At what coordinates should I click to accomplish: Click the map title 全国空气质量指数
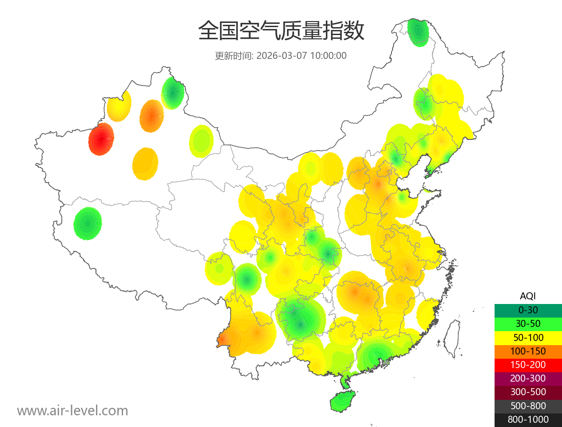click(281, 31)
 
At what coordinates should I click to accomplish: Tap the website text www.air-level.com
click(73, 411)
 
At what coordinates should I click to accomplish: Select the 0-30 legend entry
click(528, 310)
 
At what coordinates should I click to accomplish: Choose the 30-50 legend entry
click(528, 324)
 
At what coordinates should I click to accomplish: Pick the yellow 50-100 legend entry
click(528, 337)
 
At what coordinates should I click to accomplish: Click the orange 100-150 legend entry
click(528, 351)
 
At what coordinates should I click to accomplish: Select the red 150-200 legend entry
click(528, 365)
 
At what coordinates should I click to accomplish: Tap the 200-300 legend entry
click(528, 378)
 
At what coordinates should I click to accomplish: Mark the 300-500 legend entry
click(528, 392)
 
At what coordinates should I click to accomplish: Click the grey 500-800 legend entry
click(528, 406)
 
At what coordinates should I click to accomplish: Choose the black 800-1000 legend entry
click(528, 420)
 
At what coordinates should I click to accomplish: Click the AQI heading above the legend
click(528, 296)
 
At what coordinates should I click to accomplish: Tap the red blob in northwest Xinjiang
click(101, 139)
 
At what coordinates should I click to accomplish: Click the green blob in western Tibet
click(88, 224)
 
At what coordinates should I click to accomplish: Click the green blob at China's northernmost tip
click(418, 32)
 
